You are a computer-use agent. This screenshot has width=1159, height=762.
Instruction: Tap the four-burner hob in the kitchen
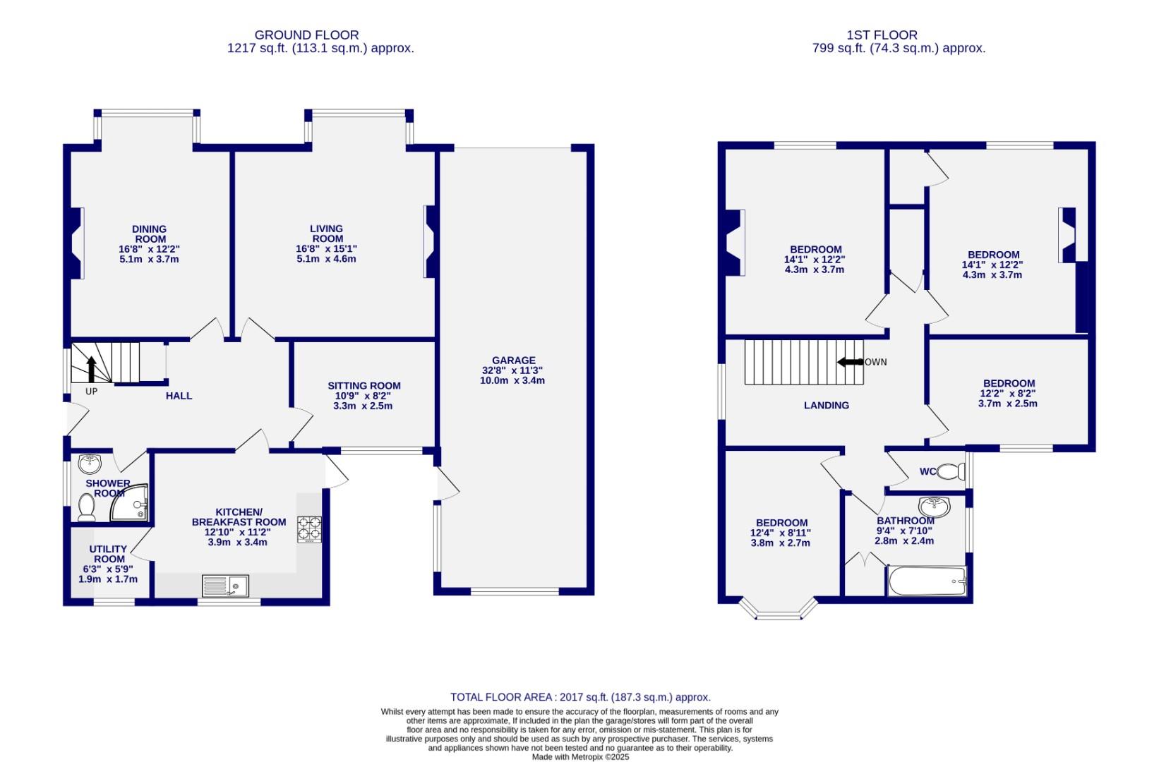click(x=310, y=530)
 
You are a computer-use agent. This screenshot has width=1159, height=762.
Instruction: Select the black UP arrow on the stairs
click(x=91, y=369)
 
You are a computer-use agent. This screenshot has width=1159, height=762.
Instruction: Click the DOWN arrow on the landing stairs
click(x=850, y=362)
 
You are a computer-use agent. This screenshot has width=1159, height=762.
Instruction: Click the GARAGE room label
click(x=513, y=361)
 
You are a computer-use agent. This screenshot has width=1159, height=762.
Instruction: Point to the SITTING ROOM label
click(x=364, y=386)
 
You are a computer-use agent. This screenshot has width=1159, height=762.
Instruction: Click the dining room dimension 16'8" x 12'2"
click(x=149, y=249)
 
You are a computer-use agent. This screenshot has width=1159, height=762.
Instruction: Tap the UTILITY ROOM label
click(x=108, y=554)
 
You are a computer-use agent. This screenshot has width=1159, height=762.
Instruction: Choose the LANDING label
click(x=827, y=406)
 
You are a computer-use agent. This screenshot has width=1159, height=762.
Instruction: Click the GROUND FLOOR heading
click(x=306, y=35)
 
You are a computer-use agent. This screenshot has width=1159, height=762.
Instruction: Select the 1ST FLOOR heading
click(x=882, y=35)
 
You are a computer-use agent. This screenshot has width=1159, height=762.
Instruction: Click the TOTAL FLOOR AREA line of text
click(x=580, y=697)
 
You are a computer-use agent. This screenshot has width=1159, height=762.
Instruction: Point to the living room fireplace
click(x=429, y=241)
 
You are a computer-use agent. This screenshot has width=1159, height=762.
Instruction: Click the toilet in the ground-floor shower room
click(x=87, y=508)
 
